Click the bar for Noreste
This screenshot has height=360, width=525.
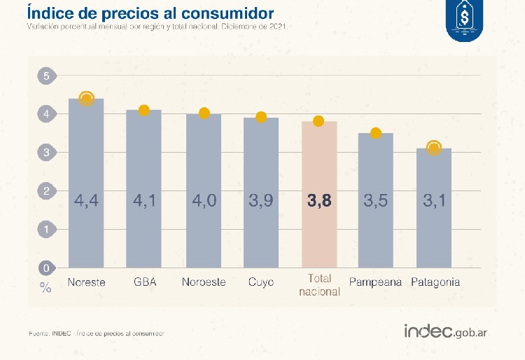coord(86,182)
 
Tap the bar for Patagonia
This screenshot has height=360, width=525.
coord(435,207)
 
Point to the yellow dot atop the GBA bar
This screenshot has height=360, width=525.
coord(144,110)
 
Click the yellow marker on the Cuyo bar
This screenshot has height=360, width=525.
coord(261,117)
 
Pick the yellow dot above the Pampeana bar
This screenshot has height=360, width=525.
coord(376,133)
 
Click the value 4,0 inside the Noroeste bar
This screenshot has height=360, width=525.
coord(203,202)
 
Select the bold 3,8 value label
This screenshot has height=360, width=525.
coord(319,202)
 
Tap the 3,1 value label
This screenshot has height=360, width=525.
coord(435,202)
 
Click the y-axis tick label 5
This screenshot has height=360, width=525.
coord(46,76)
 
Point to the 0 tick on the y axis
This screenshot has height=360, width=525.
coord(46,268)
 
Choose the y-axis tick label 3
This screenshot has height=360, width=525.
coord(46,152)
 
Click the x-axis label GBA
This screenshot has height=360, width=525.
coord(144,282)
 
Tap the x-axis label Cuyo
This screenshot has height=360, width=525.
coord(261,282)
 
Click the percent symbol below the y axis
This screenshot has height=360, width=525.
coord(45,287)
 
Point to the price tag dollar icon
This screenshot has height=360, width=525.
coord(465,18)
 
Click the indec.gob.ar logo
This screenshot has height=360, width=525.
coord(445,331)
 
